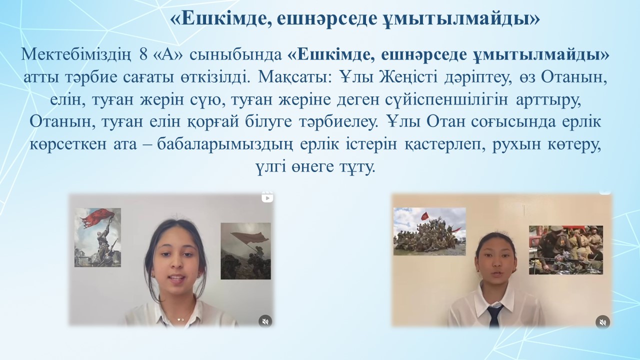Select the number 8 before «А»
coord(143,55)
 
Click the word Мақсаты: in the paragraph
coord(295,77)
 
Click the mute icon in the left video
coord(265,321)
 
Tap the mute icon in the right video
coord(602,322)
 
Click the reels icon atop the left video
coord(267,197)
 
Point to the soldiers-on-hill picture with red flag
coord(429,231)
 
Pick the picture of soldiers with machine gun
coord(566,250)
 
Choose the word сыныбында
coord(235,55)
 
